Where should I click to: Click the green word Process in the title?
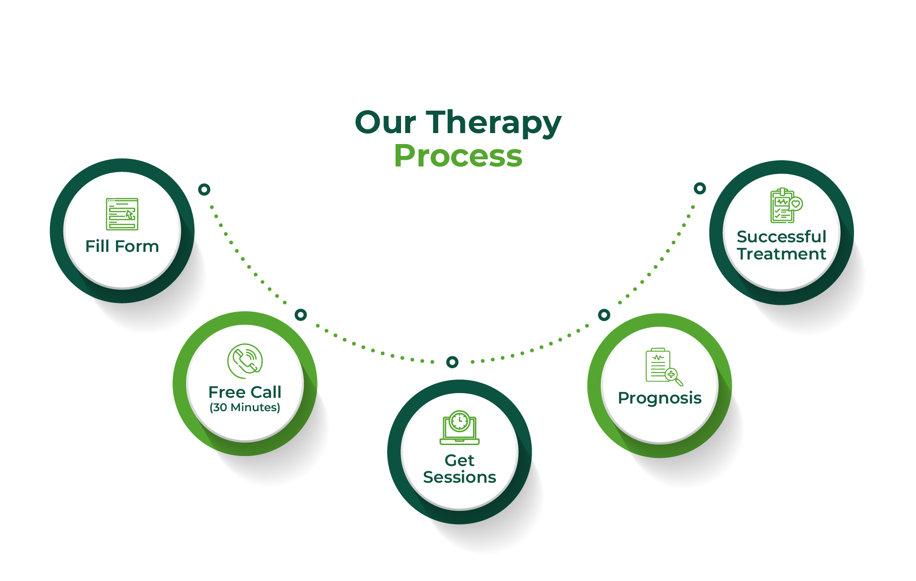(x=458, y=156)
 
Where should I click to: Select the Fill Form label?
(x=122, y=246)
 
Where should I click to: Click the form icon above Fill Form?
(x=122, y=214)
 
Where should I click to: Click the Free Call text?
(x=245, y=392)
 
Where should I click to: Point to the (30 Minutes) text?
(x=245, y=407)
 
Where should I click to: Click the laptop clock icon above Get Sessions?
(x=459, y=427)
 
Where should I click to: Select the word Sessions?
(x=459, y=477)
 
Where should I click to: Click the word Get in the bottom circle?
(x=459, y=460)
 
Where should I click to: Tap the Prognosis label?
(x=659, y=398)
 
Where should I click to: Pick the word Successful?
(x=781, y=237)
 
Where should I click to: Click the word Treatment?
(x=781, y=254)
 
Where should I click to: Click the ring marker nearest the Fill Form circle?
(x=204, y=189)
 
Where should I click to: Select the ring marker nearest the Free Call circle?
(x=300, y=315)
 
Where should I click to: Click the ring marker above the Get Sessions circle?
(x=453, y=362)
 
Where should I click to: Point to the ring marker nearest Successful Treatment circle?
(x=700, y=188)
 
